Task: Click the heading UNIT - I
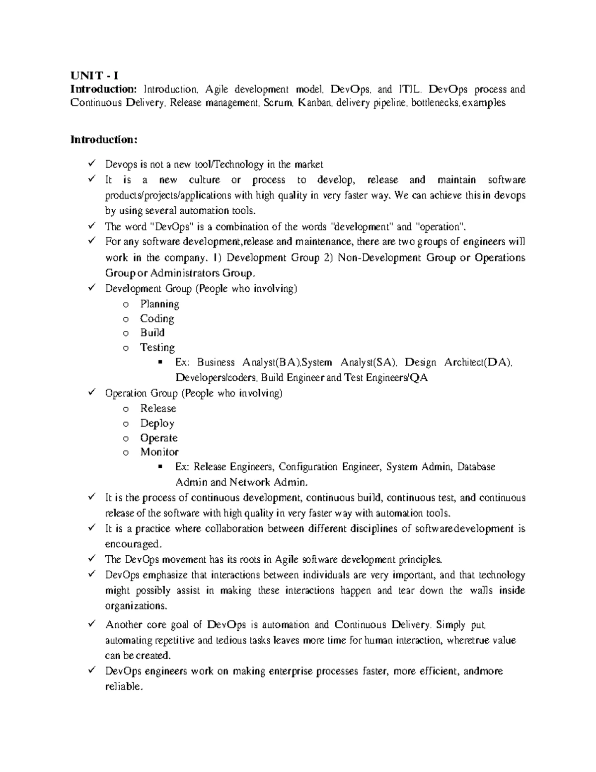(94, 76)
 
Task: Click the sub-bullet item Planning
(159, 304)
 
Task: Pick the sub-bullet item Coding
(157, 319)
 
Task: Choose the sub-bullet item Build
(152, 333)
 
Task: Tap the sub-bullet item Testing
(157, 347)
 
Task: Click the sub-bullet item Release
(158, 408)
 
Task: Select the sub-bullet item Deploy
(157, 423)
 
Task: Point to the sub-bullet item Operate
(158, 438)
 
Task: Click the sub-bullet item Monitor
(159, 452)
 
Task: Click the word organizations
(137, 606)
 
